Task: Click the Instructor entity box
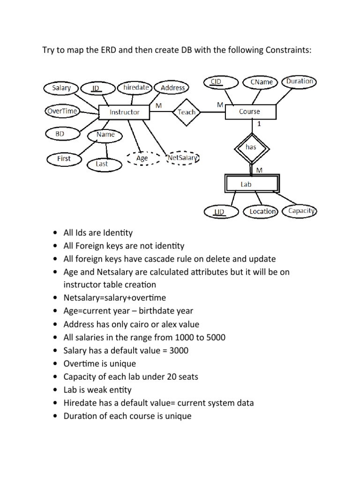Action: tap(124, 112)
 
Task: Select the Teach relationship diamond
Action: tap(187, 112)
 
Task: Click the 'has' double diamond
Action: tap(251, 147)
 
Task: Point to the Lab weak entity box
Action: tap(247, 184)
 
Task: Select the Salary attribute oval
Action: tap(61, 88)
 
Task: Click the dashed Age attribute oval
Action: tap(142, 158)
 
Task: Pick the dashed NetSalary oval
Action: tap(183, 158)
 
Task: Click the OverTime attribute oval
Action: tap(62, 111)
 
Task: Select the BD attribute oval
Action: tap(60, 134)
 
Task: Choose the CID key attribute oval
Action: tap(217, 82)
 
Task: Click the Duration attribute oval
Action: tap(300, 82)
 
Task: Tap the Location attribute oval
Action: tap(262, 211)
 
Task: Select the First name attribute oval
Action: tap(64, 158)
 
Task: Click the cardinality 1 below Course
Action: tap(259, 125)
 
